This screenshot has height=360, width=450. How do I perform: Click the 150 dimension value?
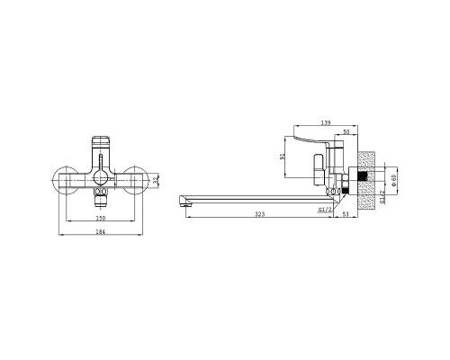click(100, 218)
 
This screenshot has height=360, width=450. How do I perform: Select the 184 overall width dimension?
click(100, 232)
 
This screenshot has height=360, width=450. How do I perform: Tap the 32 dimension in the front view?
click(155, 180)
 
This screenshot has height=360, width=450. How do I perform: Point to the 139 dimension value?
click(326, 122)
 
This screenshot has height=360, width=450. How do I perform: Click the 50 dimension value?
click(346, 131)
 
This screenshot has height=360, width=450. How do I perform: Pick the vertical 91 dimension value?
click(282, 157)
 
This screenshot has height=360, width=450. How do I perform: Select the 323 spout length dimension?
click(260, 214)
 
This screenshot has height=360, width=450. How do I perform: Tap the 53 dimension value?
click(346, 214)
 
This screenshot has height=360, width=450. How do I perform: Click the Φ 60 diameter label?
click(394, 180)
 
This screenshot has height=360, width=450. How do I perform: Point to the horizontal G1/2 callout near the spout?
click(325, 210)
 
